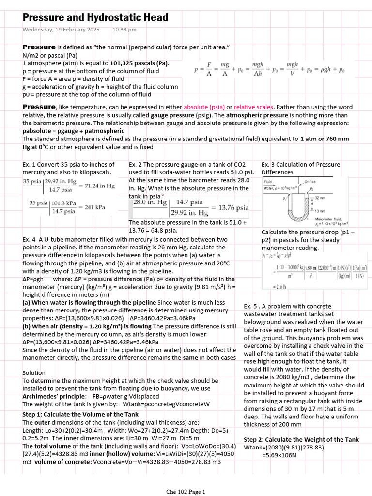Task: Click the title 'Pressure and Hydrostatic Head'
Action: (x=95, y=18)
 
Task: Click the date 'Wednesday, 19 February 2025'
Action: (x=61, y=30)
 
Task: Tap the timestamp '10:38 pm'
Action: (x=124, y=30)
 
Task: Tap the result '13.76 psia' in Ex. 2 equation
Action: (x=233, y=208)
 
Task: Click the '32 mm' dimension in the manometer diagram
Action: (x=321, y=199)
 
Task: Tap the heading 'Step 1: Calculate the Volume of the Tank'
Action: (x=80, y=414)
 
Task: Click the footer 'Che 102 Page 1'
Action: (x=186, y=492)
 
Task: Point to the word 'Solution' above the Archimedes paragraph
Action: (x=34, y=373)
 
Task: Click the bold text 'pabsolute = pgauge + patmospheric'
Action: (x=73, y=131)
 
